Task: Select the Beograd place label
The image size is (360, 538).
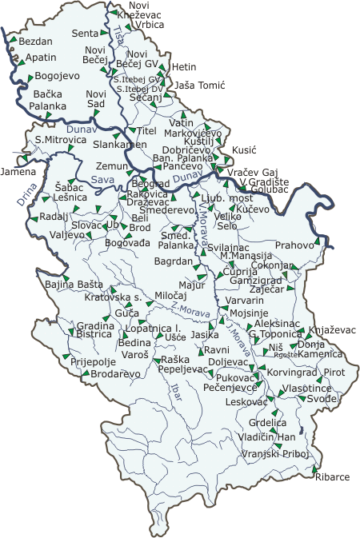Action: [x=146, y=183]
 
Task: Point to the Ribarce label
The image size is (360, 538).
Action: [x=333, y=476]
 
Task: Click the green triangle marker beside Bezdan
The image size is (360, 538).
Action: [x=14, y=37]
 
